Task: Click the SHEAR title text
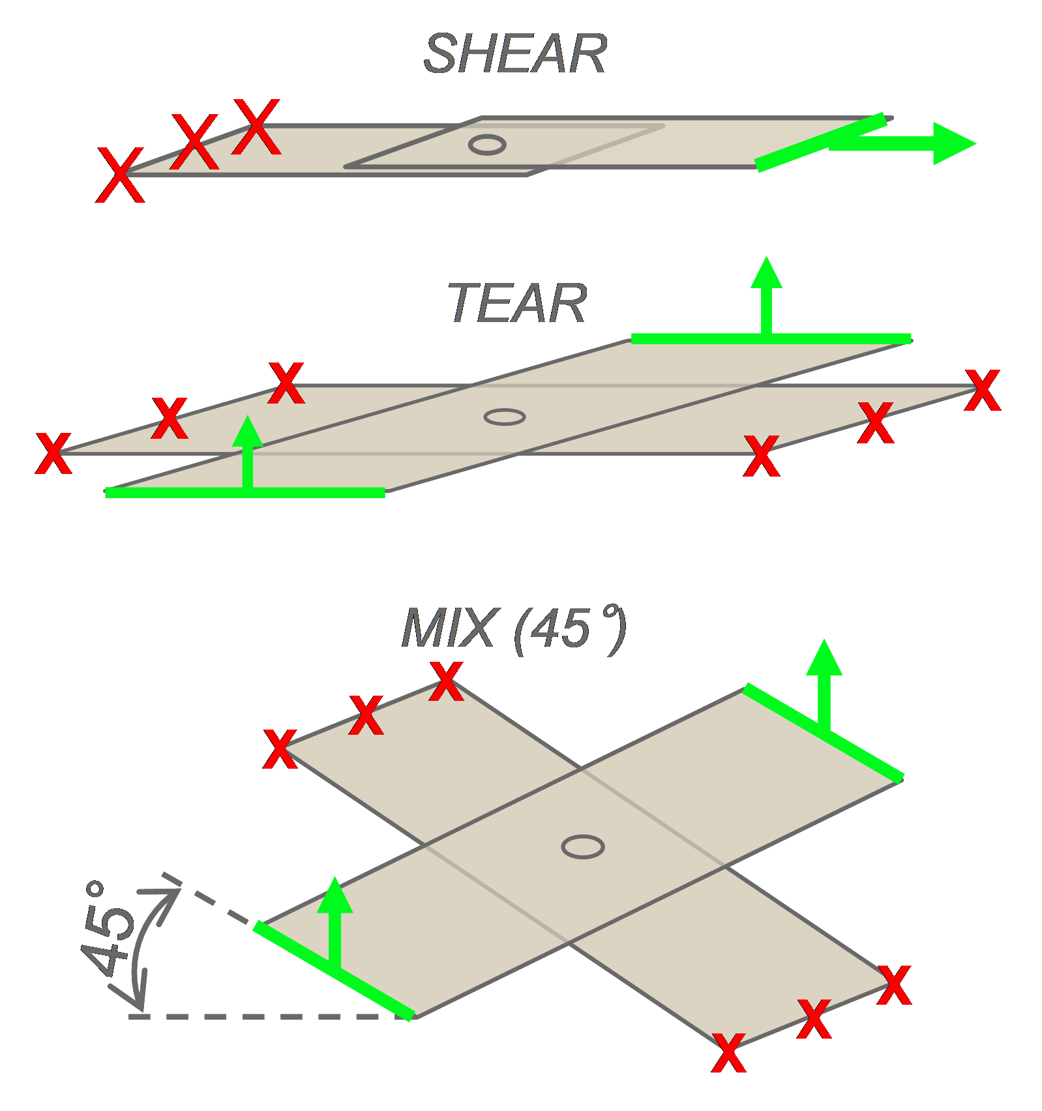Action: [x=515, y=54]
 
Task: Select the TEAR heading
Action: [x=517, y=303]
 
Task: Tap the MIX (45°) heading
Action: [x=514, y=629]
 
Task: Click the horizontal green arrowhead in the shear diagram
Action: [x=953, y=143]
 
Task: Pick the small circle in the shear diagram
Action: [x=487, y=145]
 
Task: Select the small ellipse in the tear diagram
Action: [x=505, y=417]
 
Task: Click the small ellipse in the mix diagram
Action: [x=583, y=846]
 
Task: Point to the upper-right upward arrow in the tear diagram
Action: [x=767, y=293]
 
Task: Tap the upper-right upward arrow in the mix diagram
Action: [x=824, y=685]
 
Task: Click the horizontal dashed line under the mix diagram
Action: [x=261, y=1016]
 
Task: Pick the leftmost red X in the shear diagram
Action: [x=120, y=175]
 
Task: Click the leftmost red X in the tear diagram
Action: [x=53, y=453]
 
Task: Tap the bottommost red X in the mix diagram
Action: [x=729, y=1053]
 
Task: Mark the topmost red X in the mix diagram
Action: [x=447, y=681]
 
